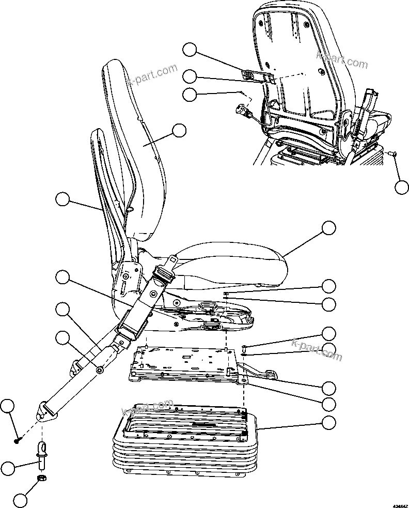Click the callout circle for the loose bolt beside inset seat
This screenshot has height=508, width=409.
[402, 188]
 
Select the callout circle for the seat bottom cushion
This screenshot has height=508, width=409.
[328, 228]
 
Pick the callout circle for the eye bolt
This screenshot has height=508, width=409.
[8, 469]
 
